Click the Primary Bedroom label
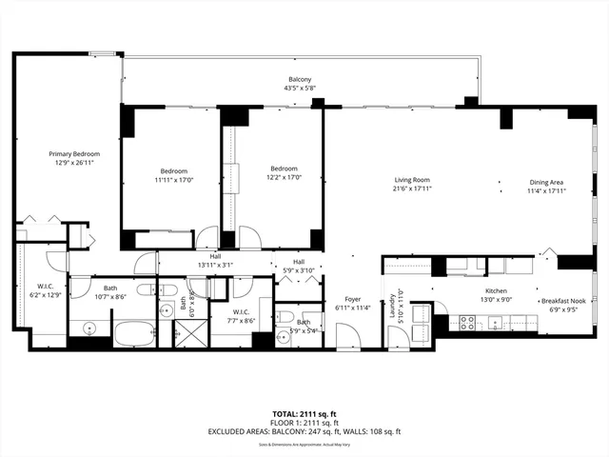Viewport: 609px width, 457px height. click(74, 153)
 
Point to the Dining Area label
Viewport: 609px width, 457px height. click(546, 182)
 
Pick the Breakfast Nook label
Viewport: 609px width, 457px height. click(561, 300)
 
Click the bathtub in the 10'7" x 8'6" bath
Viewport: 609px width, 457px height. click(134, 335)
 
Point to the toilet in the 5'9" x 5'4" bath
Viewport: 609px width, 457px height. click(285, 318)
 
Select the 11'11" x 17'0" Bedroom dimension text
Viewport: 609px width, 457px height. click(173, 179)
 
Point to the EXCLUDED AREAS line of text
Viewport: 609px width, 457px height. click(303, 430)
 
